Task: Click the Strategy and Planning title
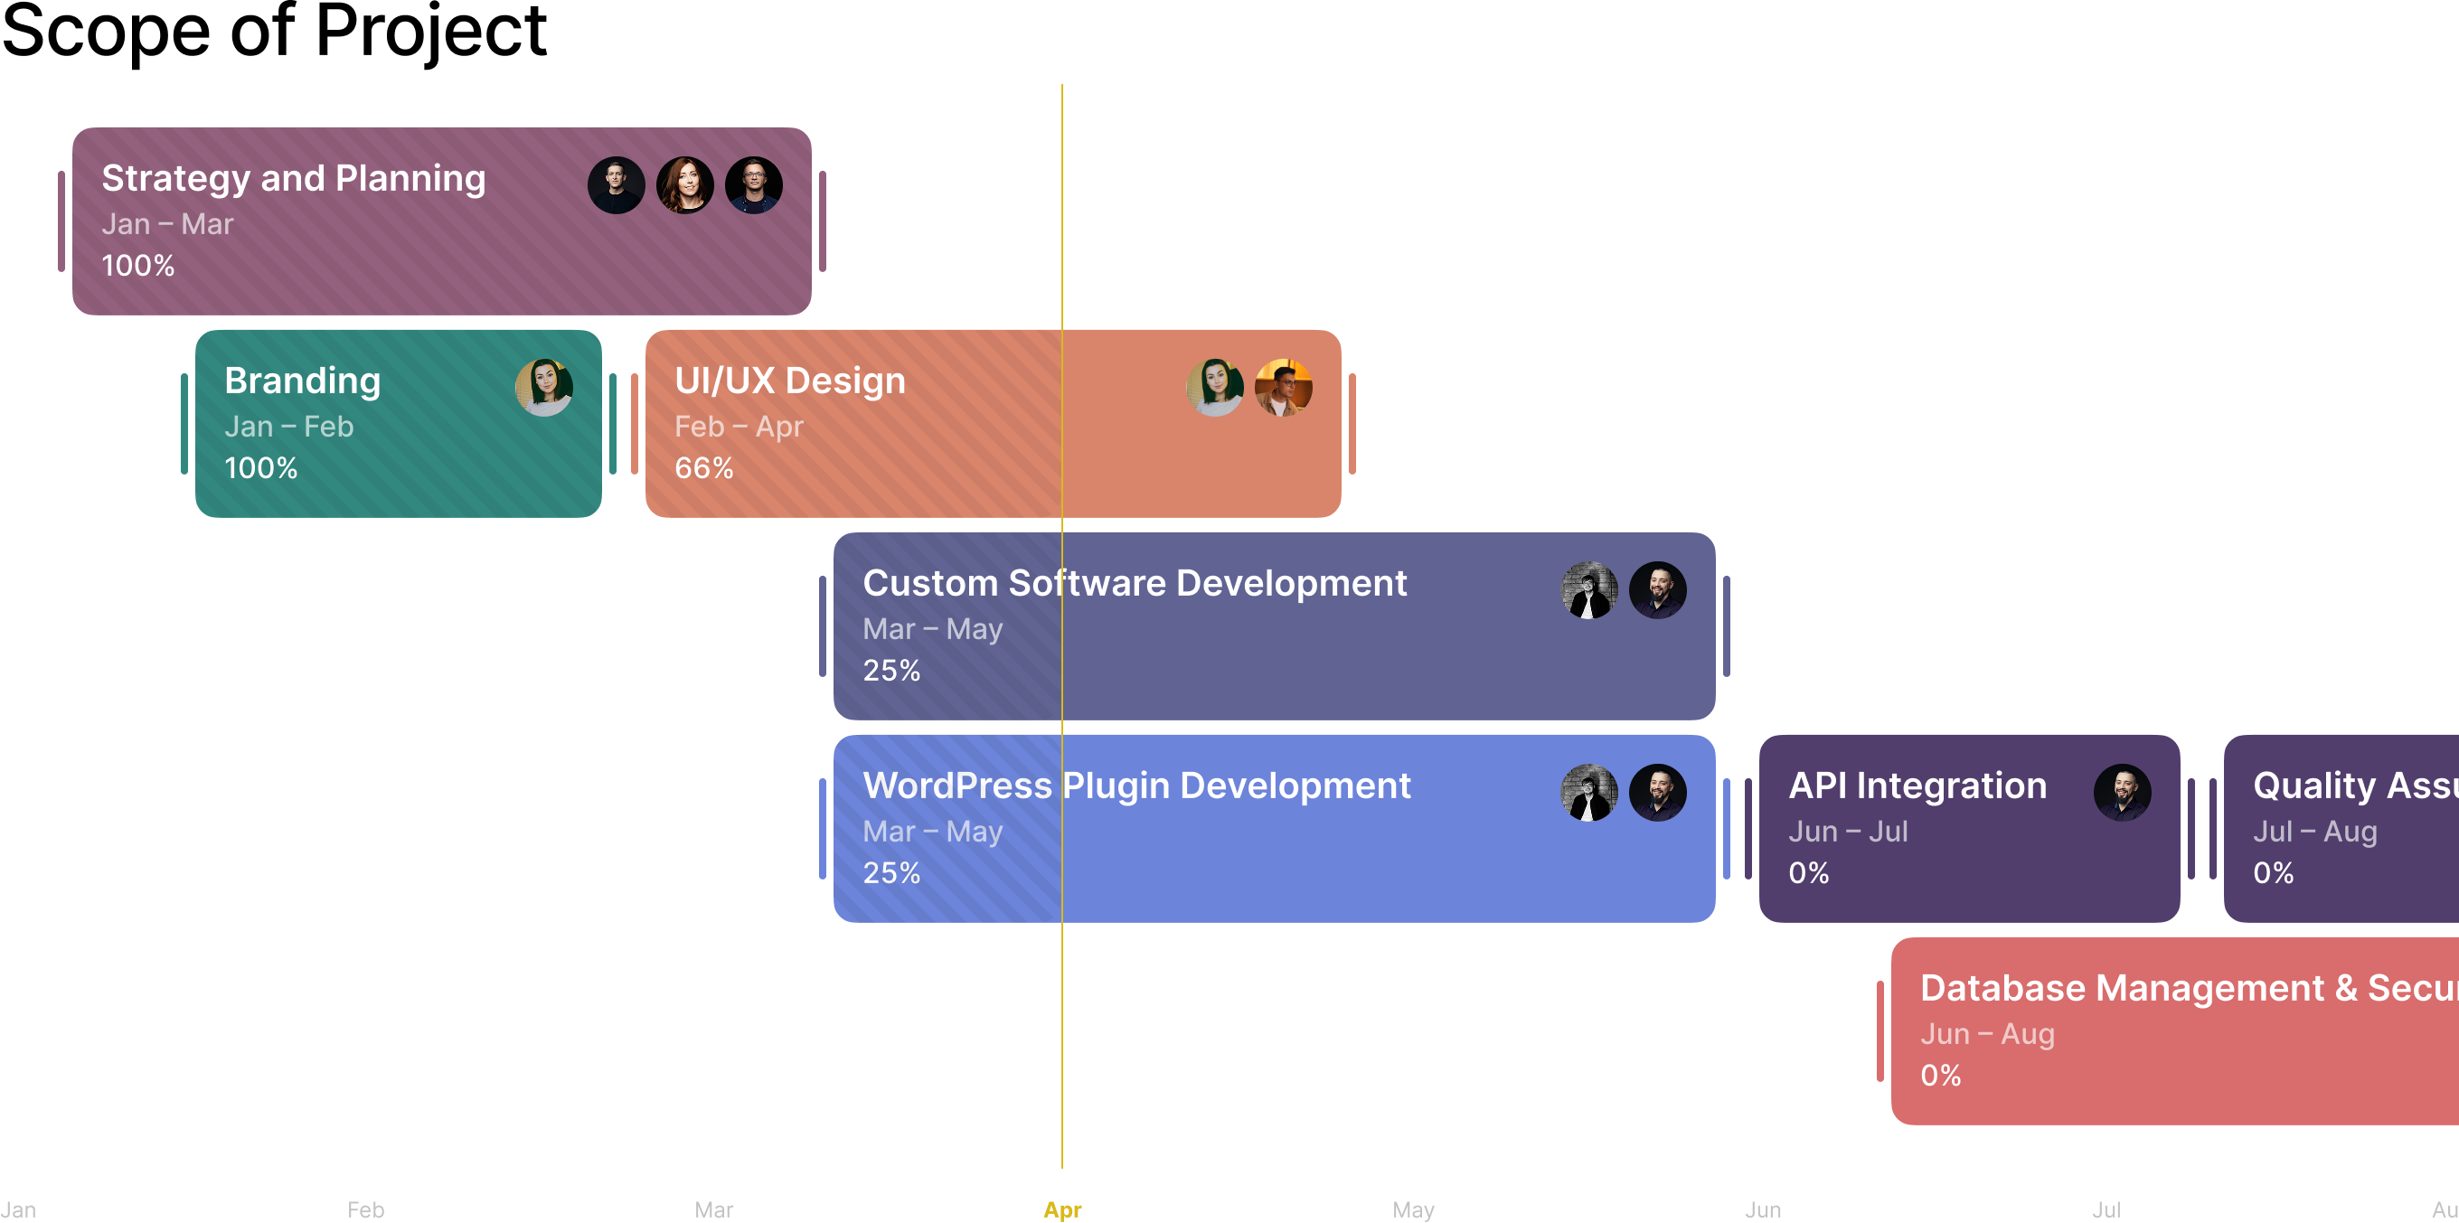point(293,179)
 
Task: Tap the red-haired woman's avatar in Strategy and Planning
point(684,185)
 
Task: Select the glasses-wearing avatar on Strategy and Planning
point(753,185)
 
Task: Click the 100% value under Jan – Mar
point(138,266)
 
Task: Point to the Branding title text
point(302,381)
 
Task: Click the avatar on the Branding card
point(544,388)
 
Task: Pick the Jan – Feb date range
point(288,427)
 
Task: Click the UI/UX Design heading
point(789,381)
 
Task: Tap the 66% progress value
point(703,468)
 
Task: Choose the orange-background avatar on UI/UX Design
point(1283,388)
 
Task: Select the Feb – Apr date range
point(738,427)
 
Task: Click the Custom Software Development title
point(1134,583)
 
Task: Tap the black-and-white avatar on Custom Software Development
point(1588,590)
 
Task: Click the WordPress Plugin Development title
point(1136,786)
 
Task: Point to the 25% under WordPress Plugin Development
point(890,872)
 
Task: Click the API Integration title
point(1917,786)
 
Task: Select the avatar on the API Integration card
point(2121,793)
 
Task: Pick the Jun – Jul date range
point(1847,832)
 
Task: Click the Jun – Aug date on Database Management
point(1986,1034)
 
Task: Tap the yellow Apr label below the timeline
point(1061,1209)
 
